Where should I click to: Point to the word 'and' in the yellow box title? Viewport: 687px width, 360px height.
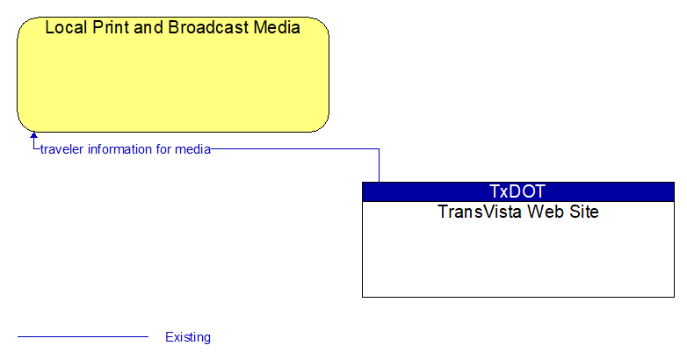(x=149, y=27)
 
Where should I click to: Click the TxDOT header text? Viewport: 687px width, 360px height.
(x=517, y=191)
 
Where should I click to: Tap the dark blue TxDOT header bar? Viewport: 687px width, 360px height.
(x=518, y=191)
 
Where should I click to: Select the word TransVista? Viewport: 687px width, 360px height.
(x=480, y=212)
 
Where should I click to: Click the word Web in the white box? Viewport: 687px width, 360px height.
(x=546, y=212)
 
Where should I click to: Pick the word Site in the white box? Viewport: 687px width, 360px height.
(x=584, y=212)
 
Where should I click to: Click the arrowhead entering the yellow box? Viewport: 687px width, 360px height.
(x=33, y=135)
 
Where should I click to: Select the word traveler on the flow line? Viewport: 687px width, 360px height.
(x=61, y=149)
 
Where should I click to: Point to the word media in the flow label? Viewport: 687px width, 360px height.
(x=192, y=149)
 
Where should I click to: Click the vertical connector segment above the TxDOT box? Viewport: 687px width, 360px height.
(x=379, y=166)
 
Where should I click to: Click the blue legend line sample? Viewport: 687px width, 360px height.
(x=83, y=337)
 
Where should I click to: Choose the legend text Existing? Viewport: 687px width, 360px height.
(x=188, y=337)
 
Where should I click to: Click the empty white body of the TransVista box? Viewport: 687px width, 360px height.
(x=518, y=258)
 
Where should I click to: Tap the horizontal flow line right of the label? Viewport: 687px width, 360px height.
(x=295, y=149)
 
